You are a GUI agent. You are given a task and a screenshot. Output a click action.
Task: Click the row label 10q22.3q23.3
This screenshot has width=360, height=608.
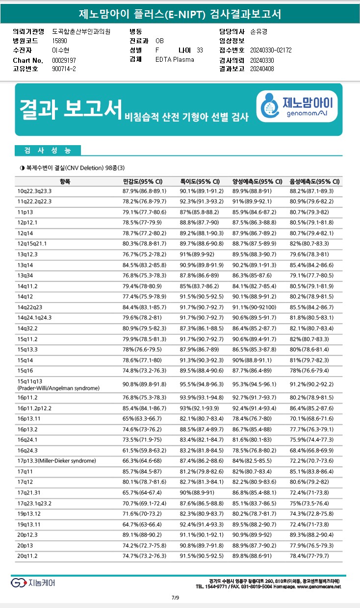point(34,191)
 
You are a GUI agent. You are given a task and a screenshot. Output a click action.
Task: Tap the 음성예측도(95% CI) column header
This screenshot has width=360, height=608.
point(314,181)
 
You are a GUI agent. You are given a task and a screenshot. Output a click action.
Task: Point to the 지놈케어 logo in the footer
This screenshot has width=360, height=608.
point(33,583)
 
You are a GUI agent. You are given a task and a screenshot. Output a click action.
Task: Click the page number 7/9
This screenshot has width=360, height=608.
point(175,597)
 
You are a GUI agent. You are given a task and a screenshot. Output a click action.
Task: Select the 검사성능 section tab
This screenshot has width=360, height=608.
point(47,150)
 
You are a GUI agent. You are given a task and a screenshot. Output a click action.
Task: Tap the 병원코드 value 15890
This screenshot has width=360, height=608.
point(59,41)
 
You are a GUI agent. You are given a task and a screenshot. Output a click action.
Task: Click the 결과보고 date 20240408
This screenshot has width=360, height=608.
point(262,69)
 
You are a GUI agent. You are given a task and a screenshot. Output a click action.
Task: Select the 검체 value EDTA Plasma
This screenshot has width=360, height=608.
point(175,59)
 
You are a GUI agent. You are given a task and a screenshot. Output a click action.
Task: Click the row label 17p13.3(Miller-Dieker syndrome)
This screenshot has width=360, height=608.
point(56,460)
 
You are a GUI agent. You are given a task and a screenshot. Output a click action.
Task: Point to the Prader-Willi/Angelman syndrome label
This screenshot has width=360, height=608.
point(58,388)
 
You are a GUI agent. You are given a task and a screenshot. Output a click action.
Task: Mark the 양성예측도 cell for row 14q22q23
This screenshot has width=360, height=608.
point(257,307)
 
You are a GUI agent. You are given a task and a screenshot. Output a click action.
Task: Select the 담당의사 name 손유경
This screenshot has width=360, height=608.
point(258,31)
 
